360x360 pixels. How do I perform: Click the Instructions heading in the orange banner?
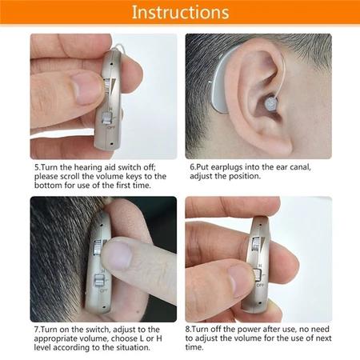pyautogui.click(x=181, y=12)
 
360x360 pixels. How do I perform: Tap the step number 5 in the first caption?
pyautogui.click(x=37, y=167)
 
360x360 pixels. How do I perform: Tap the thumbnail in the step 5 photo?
pyautogui.click(x=86, y=88)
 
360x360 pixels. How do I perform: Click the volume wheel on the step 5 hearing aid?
pyautogui.click(x=106, y=86)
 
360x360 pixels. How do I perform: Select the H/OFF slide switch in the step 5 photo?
pyautogui.click(x=106, y=118)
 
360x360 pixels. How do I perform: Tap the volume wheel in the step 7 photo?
pyautogui.click(x=97, y=247)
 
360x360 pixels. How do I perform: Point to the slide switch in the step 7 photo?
pyautogui.click(x=98, y=282)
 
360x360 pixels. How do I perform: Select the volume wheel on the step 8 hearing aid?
pyautogui.click(x=256, y=244)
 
